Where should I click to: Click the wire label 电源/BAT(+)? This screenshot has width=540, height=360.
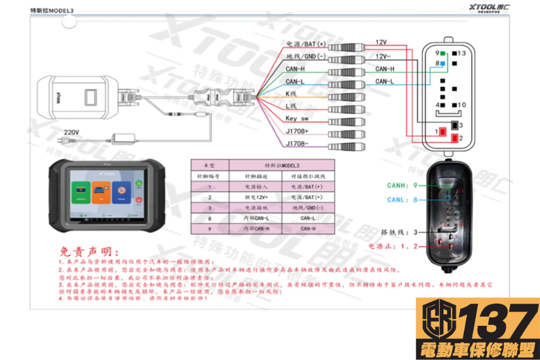tap(305, 44)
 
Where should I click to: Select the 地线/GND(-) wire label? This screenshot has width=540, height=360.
tap(305, 56)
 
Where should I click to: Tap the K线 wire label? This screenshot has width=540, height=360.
tap(292, 94)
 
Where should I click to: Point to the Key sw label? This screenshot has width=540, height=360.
tap(297, 119)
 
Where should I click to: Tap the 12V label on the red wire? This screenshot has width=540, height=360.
tap(381, 42)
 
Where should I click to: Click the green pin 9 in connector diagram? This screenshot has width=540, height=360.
tap(442, 53)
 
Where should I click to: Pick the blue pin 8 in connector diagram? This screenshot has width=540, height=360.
tap(443, 63)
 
